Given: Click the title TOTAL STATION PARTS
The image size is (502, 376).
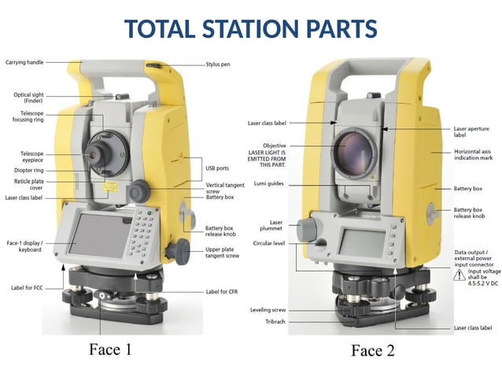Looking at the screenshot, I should click(251, 29).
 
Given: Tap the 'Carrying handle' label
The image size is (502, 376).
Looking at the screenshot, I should click(24, 61).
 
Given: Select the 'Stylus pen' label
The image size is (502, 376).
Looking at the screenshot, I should click(218, 65).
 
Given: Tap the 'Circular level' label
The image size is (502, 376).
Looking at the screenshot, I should click(268, 244).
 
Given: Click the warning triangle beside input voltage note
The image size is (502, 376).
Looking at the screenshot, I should click(460, 277).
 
